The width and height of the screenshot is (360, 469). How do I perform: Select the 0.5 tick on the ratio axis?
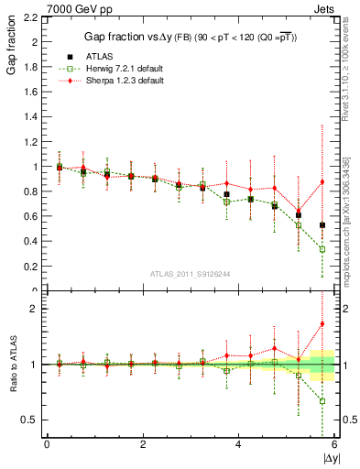click(x=30, y=420)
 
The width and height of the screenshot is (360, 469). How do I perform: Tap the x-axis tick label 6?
click(x=334, y=444)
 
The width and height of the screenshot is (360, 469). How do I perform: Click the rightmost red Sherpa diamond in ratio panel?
click(x=322, y=323)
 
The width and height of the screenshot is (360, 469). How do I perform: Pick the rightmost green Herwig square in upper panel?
click(x=322, y=249)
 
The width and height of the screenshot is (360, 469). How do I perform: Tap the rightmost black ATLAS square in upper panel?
click(x=322, y=225)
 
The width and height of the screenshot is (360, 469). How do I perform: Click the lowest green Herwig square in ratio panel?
click(x=322, y=400)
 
